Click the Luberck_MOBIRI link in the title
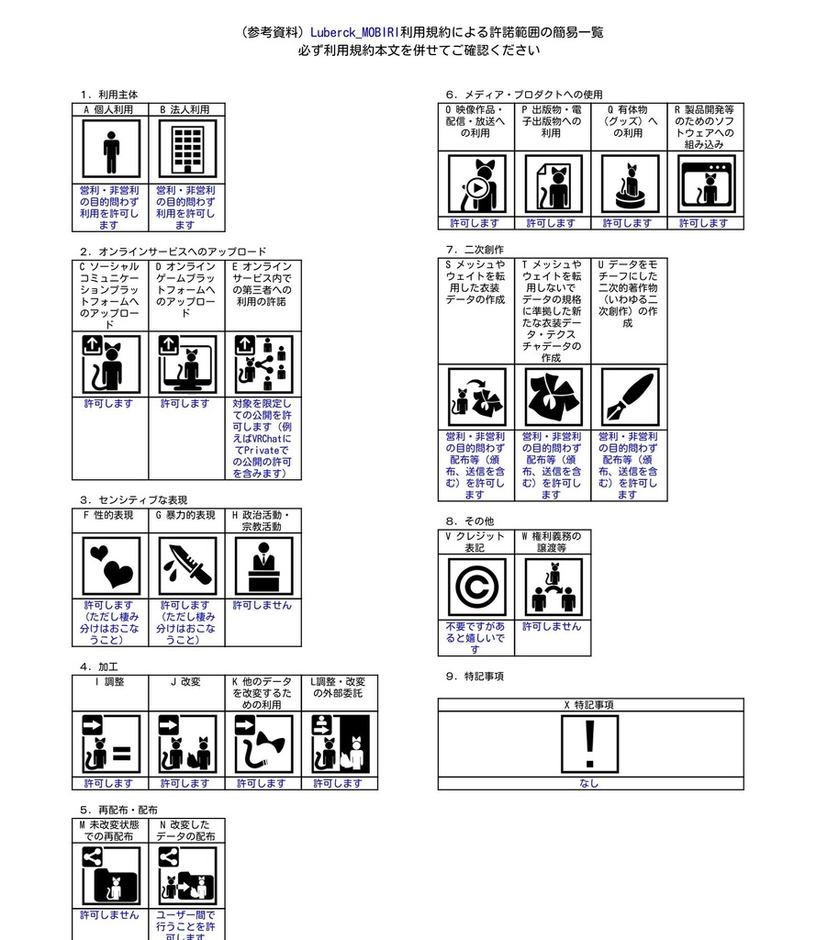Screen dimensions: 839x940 354,32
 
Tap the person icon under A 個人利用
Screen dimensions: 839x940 111,149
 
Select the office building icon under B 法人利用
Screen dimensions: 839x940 187,149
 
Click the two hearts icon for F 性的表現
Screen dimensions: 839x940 111,565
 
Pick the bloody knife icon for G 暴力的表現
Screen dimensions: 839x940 187,565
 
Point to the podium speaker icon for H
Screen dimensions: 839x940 263,565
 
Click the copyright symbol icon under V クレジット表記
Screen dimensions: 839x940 477,587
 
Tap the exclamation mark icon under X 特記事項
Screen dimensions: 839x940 589,744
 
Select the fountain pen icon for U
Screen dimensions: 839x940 630,397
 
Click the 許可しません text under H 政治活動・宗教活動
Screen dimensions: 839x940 263,606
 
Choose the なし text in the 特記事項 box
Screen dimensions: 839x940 589,784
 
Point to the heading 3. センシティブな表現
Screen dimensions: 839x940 134,500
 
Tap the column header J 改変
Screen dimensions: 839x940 185,682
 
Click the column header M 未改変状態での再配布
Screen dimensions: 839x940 109,831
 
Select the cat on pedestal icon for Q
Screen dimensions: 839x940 630,184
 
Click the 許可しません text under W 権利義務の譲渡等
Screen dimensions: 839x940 552,626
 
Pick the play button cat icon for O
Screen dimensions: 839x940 477,184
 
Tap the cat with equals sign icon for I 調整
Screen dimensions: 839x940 111,744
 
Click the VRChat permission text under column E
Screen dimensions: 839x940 263,439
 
